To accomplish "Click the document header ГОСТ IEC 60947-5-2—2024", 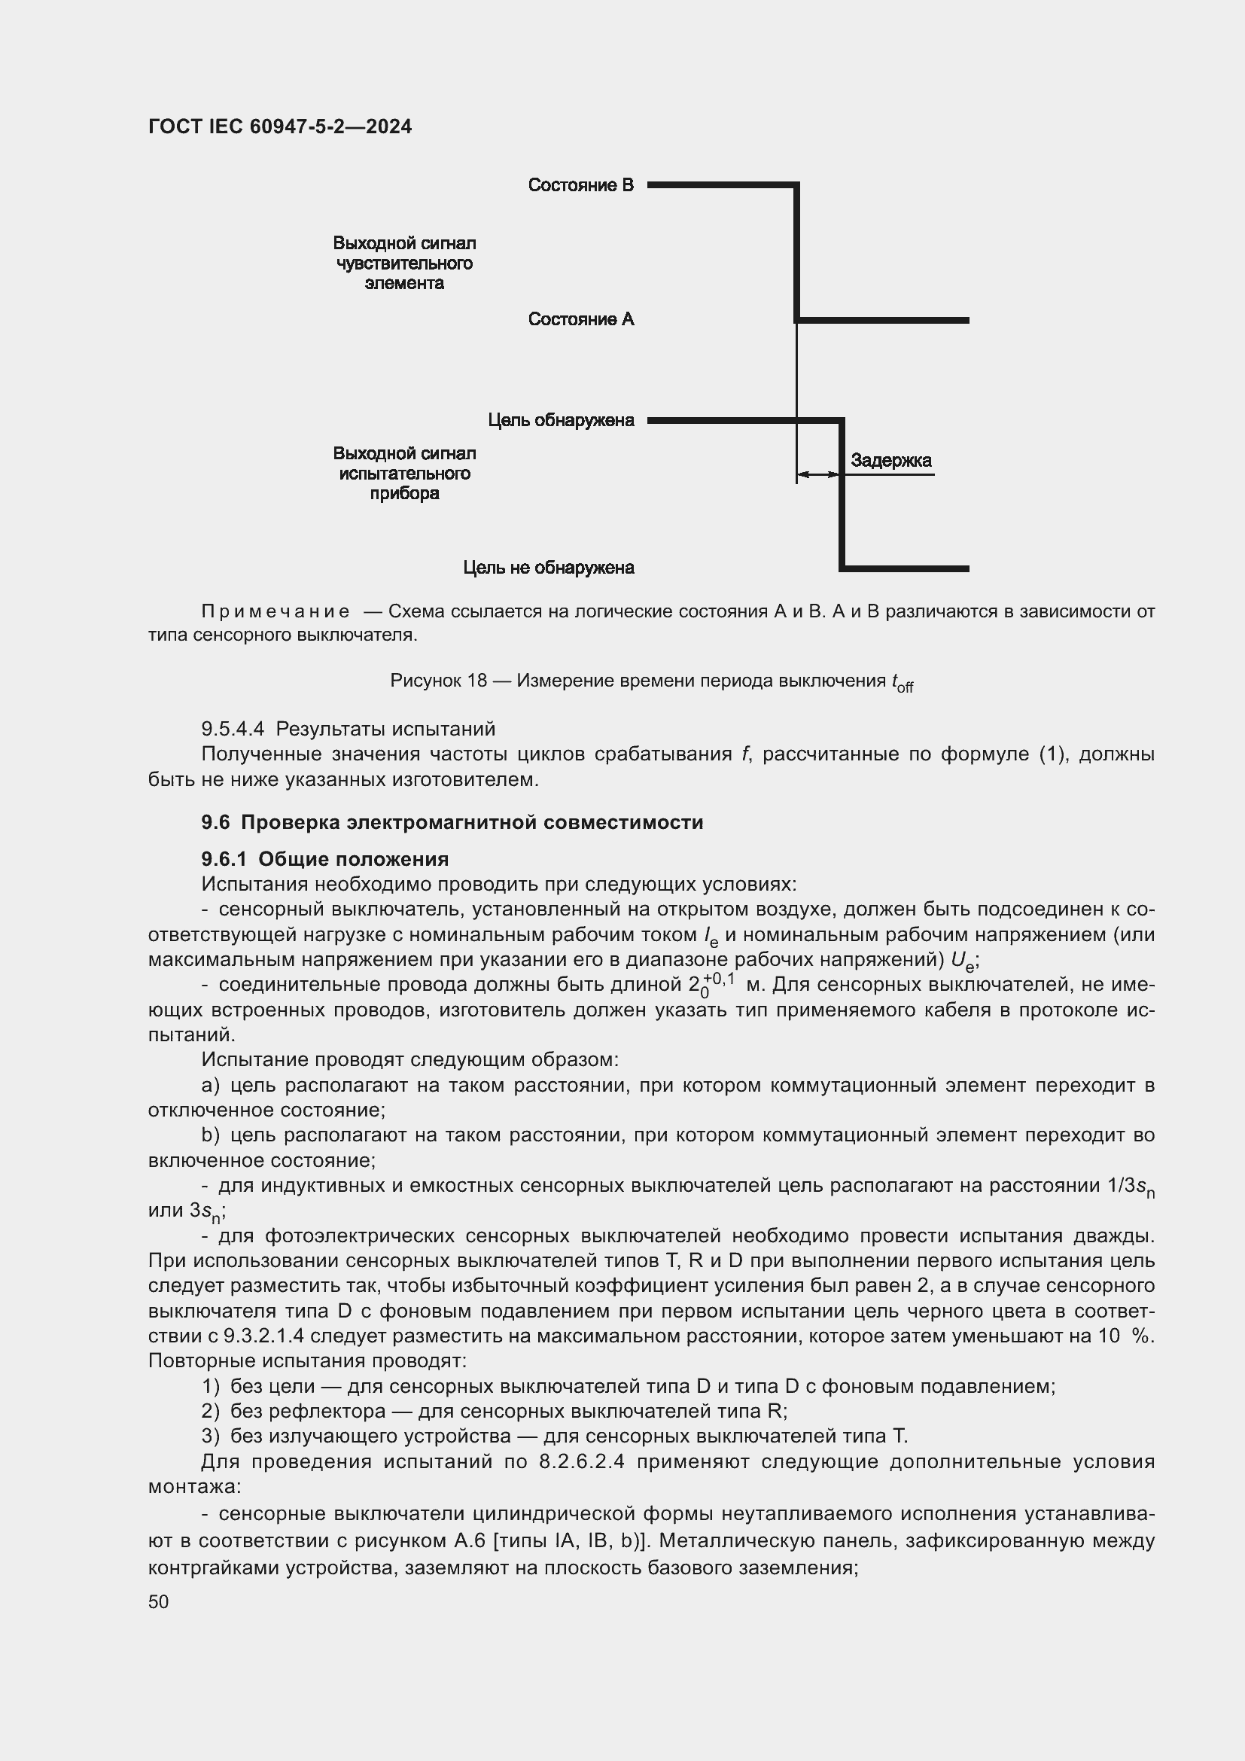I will [280, 126].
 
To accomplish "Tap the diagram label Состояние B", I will [580, 185].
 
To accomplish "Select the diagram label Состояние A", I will [580, 319].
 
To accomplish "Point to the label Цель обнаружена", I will [561, 420].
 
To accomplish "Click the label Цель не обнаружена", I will [548, 568].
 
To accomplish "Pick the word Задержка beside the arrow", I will [890, 460].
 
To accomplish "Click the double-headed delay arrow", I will [818, 475].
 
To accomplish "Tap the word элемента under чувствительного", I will [404, 283].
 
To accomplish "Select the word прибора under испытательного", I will [404, 493].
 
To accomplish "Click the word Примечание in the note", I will [275, 611].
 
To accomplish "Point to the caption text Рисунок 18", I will [438, 681].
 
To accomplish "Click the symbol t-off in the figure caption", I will [902, 683].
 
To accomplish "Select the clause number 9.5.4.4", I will [233, 729].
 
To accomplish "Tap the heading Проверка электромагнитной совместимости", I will [471, 822].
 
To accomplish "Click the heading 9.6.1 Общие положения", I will [325, 859].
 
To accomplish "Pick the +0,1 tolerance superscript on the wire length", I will [718, 979].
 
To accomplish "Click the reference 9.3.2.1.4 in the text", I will [263, 1336].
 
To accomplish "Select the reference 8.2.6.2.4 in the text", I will [582, 1461].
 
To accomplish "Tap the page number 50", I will [159, 1601].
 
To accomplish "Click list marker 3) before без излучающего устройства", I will [210, 1436].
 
